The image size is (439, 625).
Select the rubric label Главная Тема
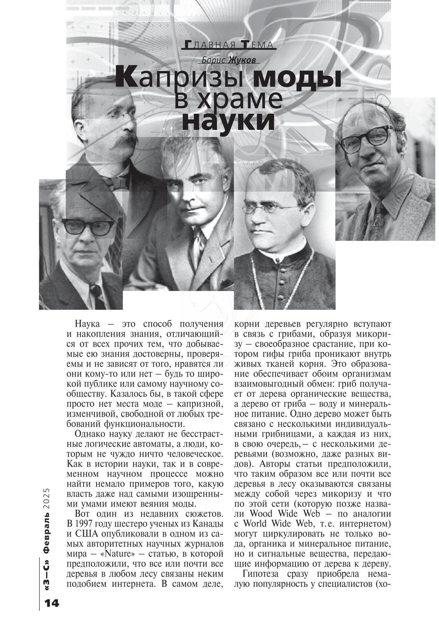tap(229, 45)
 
